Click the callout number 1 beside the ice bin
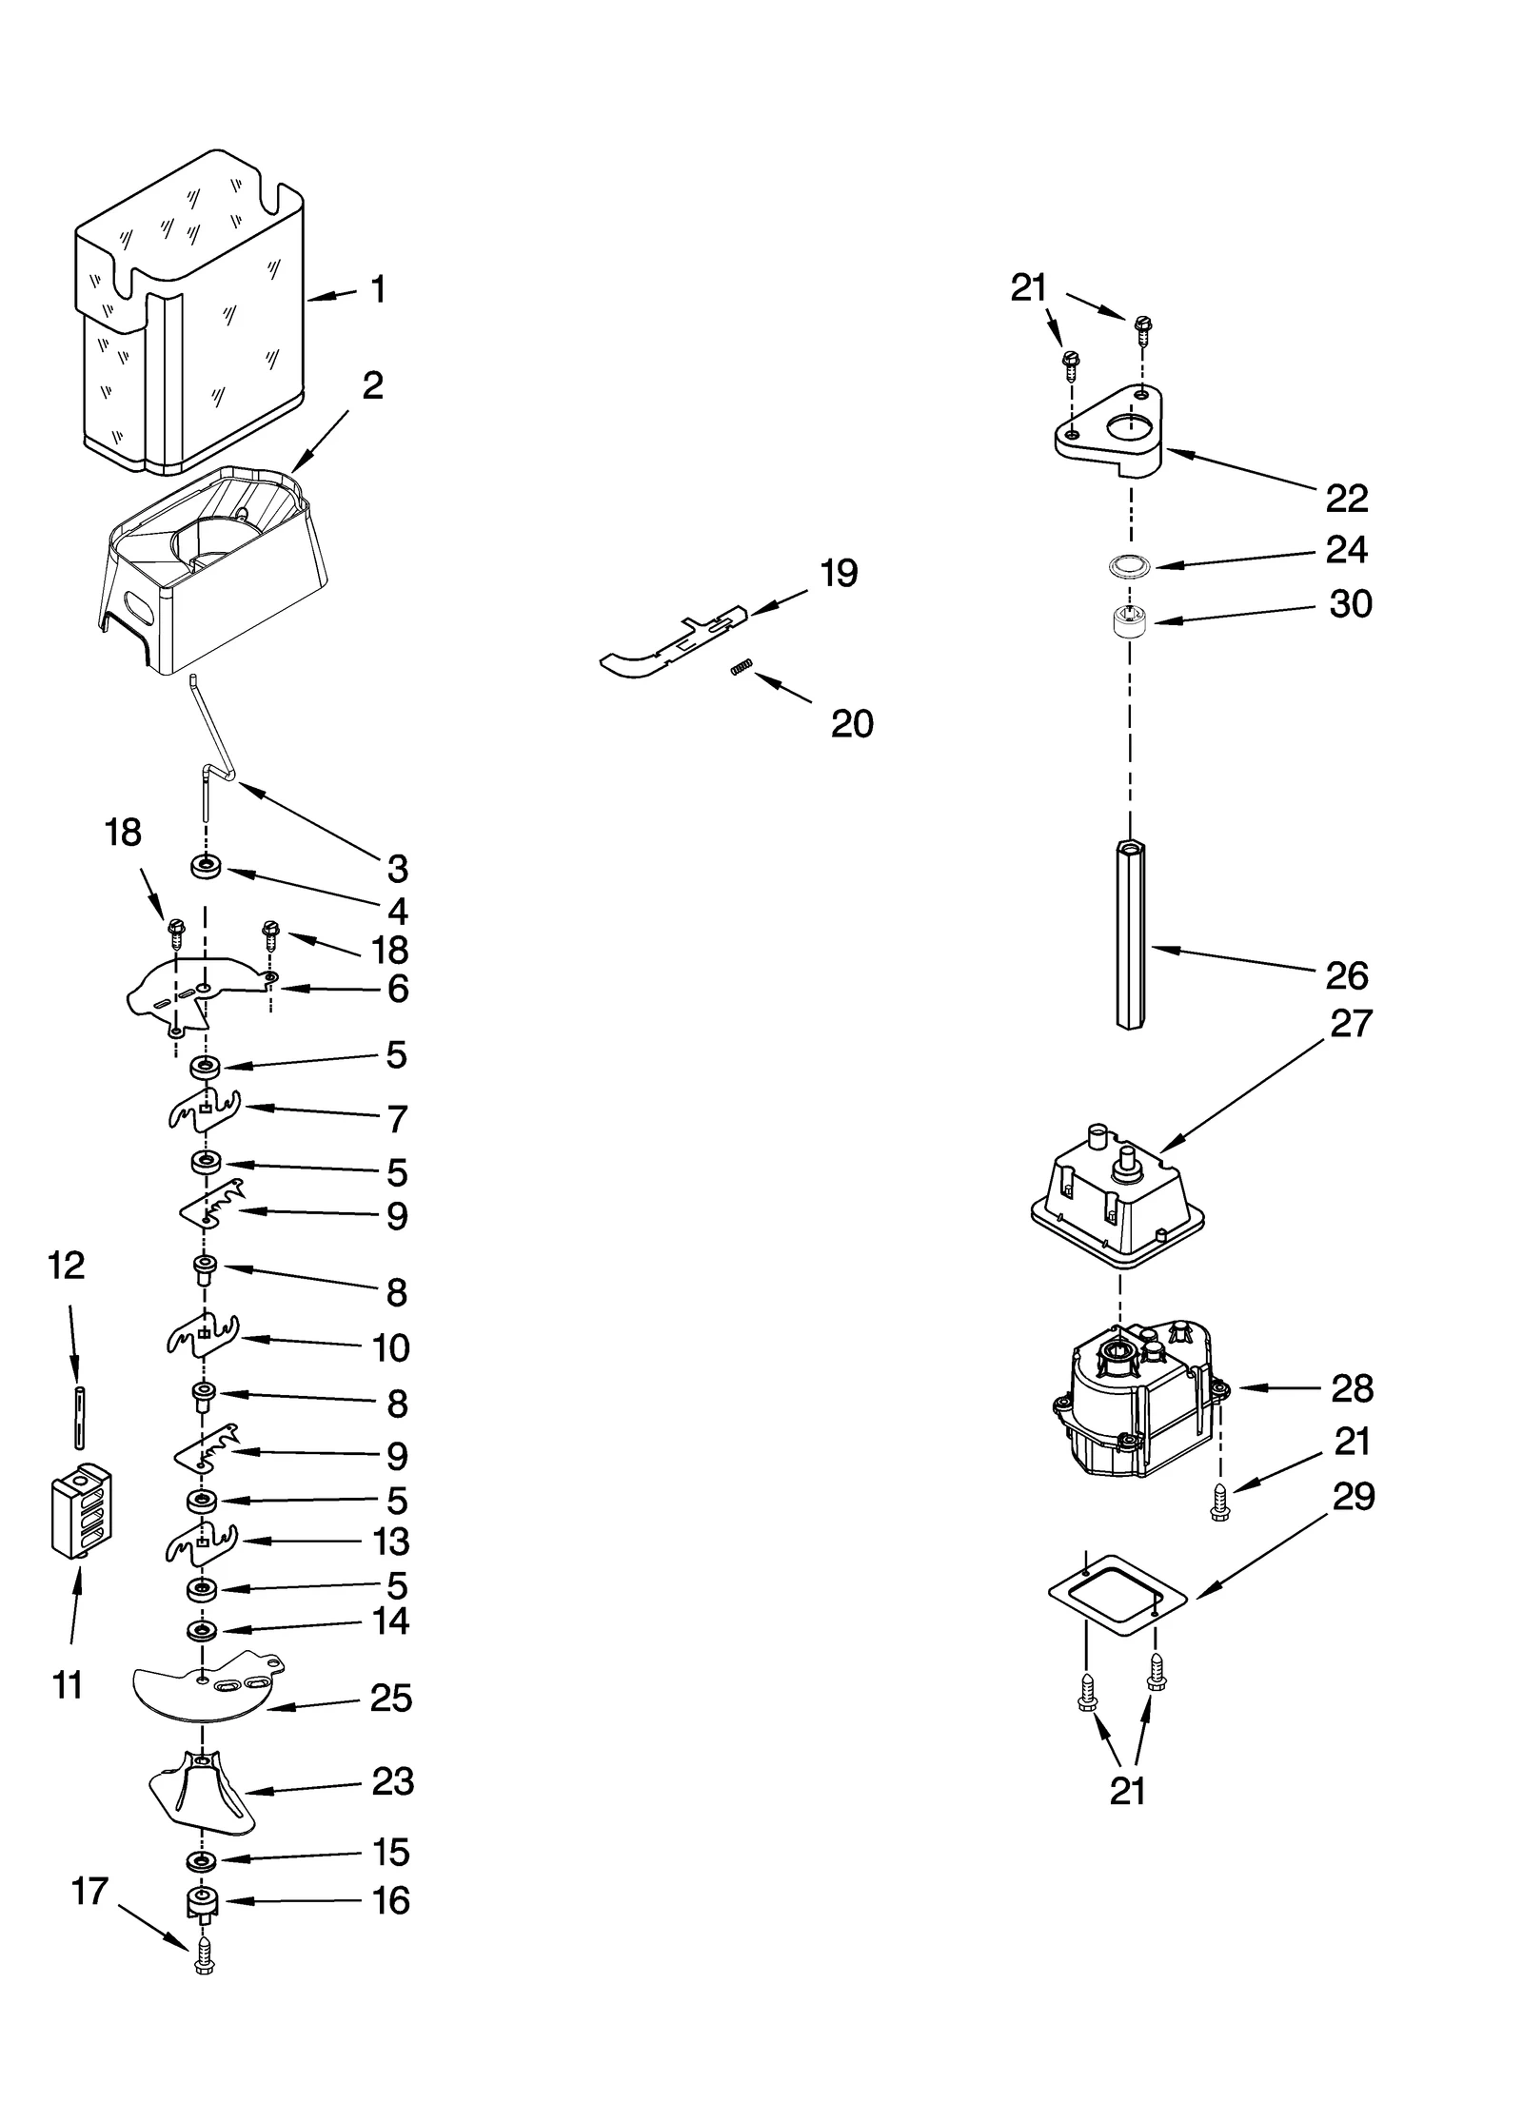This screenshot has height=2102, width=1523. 378,289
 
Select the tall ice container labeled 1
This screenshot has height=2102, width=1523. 190,314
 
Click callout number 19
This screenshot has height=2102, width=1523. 839,573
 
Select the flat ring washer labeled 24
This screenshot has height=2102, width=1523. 1129,566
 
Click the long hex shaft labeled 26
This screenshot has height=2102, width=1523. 1129,933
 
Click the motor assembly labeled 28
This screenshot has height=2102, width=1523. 1133,1404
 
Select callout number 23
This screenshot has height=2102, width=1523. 392,1781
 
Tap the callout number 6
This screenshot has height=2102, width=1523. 398,990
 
